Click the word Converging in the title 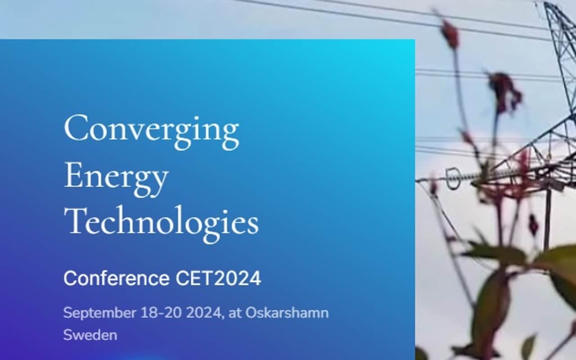[x=152, y=131]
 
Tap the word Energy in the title [x=116, y=178]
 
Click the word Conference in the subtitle [x=117, y=278]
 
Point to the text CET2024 [x=218, y=278]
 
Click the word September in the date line [x=100, y=313]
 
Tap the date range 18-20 [x=161, y=313]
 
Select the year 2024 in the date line [x=204, y=313]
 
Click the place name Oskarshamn [x=287, y=313]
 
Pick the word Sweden [x=90, y=335]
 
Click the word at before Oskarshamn [x=235, y=314]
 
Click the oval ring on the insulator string [x=453, y=178]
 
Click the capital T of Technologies [x=76, y=220]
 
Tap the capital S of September [x=68, y=313]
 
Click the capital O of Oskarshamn [x=252, y=313]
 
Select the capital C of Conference [x=71, y=278]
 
